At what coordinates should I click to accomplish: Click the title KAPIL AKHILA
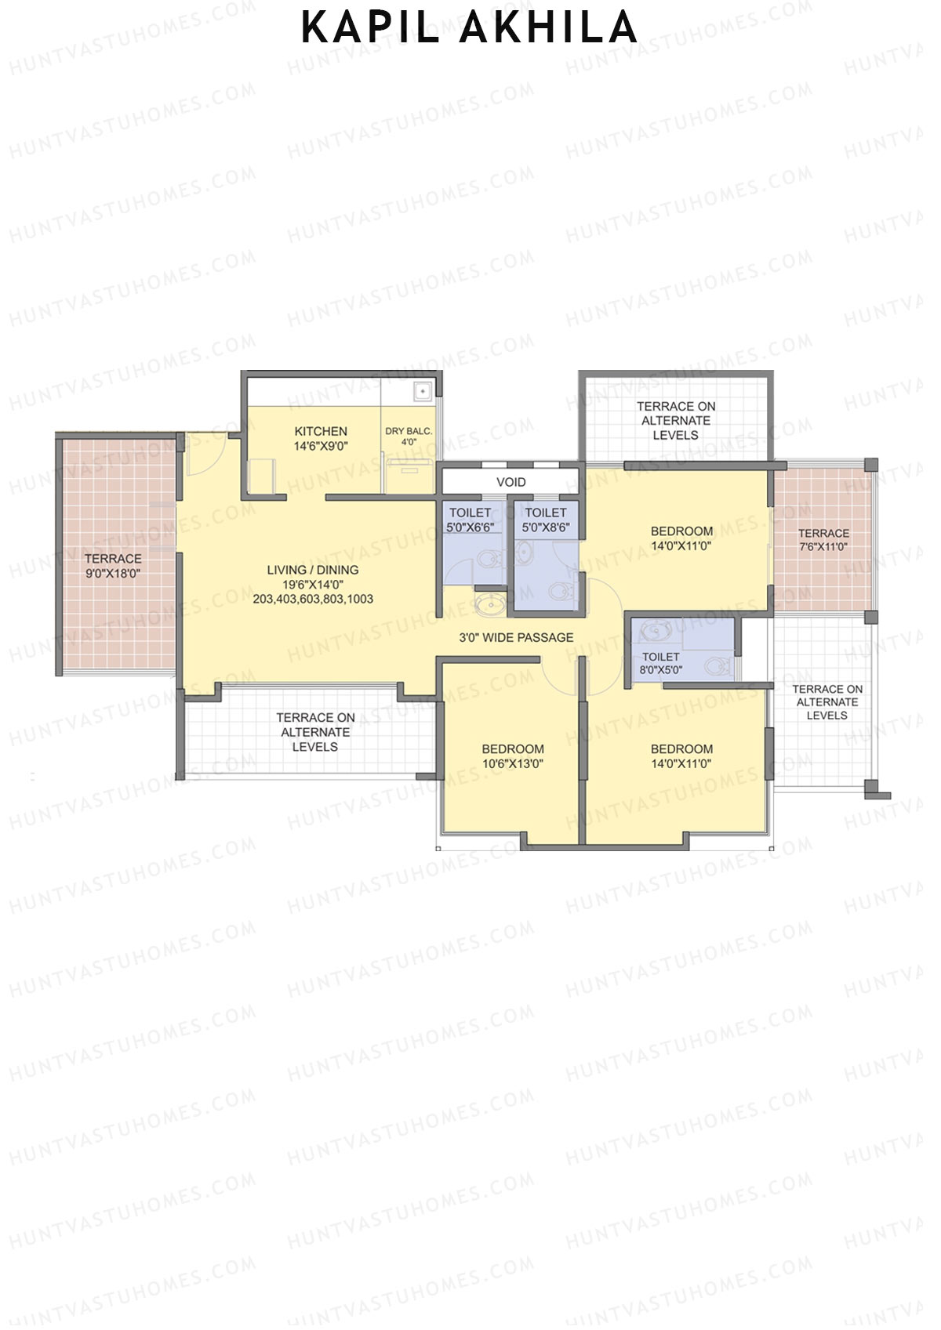point(469,28)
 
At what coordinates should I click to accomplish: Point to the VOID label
point(511,482)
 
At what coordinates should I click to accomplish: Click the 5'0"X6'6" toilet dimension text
point(470,527)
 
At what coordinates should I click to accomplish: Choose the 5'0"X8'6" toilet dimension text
point(546,527)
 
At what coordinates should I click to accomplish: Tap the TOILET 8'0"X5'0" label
point(661,663)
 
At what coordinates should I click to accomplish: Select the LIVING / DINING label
point(313,570)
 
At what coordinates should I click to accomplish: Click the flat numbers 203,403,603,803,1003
point(313,599)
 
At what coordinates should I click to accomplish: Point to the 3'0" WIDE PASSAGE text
point(516,637)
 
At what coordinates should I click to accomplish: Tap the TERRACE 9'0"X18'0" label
point(113,566)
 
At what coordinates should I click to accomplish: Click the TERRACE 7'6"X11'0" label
point(823,539)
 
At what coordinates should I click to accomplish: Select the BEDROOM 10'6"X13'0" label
point(513,756)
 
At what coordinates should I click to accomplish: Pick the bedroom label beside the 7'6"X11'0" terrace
point(681,538)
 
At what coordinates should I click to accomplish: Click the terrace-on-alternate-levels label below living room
point(315,732)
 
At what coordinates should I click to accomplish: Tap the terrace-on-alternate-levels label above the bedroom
point(676,420)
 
